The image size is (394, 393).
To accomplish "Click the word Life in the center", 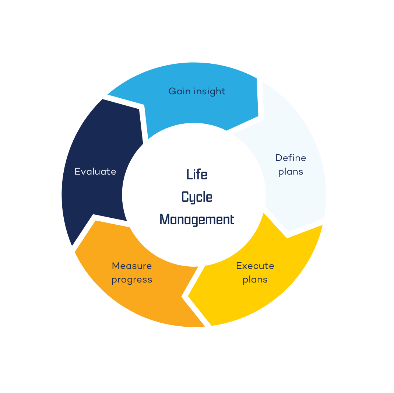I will (197, 174).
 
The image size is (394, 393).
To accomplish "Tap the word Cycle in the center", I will (197, 197).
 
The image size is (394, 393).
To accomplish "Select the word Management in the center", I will (197, 220).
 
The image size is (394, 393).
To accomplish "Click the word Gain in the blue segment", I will (179, 91).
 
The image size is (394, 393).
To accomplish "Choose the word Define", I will (291, 158).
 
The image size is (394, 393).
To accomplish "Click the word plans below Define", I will (291, 172).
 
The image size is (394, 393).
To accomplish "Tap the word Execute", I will (255, 266).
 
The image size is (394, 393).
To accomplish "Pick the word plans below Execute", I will (255, 280).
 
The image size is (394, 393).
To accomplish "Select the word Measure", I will (132, 266).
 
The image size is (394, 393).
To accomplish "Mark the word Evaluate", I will (95, 171).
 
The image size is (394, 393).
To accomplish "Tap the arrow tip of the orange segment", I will (96, 221).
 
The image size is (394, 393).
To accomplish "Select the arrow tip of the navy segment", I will (140, 109).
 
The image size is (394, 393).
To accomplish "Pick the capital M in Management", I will (164, 220).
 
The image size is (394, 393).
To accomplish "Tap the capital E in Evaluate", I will (77, 171).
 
